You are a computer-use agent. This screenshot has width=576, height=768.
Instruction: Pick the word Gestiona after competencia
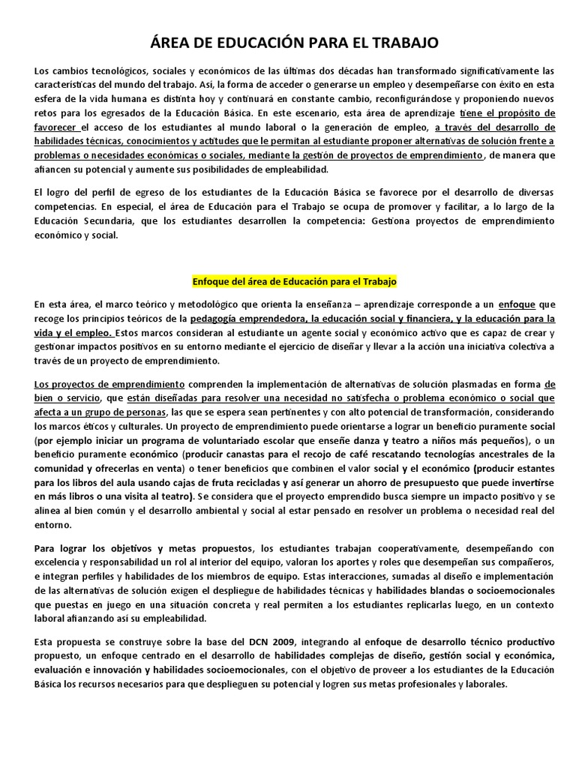tap(355, 220)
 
